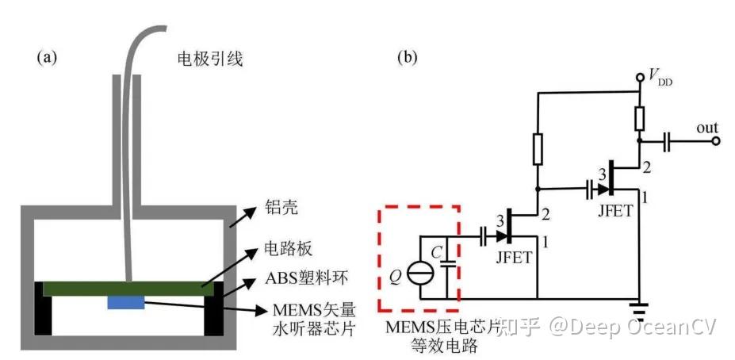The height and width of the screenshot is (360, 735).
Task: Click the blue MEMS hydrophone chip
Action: tap(126, 302)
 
